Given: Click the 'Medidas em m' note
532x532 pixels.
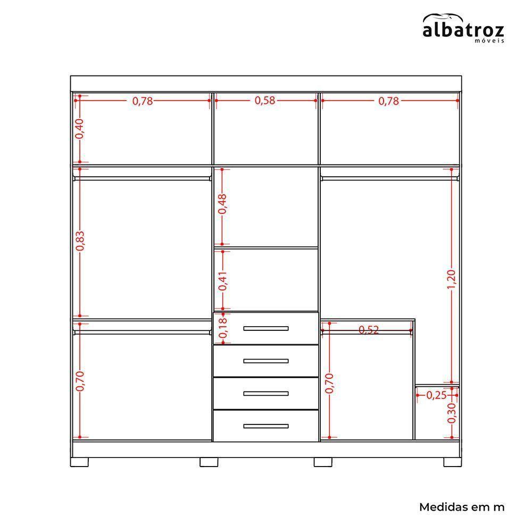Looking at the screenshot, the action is (462, 507).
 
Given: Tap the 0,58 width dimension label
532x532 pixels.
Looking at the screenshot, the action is (265, 101).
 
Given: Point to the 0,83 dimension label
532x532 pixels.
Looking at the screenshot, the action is (80, 241).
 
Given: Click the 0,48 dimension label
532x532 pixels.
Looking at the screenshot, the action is (222, 204).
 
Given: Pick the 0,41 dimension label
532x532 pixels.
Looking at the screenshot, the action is (222, 281).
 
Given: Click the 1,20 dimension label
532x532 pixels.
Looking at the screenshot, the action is (452, 280).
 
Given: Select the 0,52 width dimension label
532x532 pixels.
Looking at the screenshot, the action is (369, 330).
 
